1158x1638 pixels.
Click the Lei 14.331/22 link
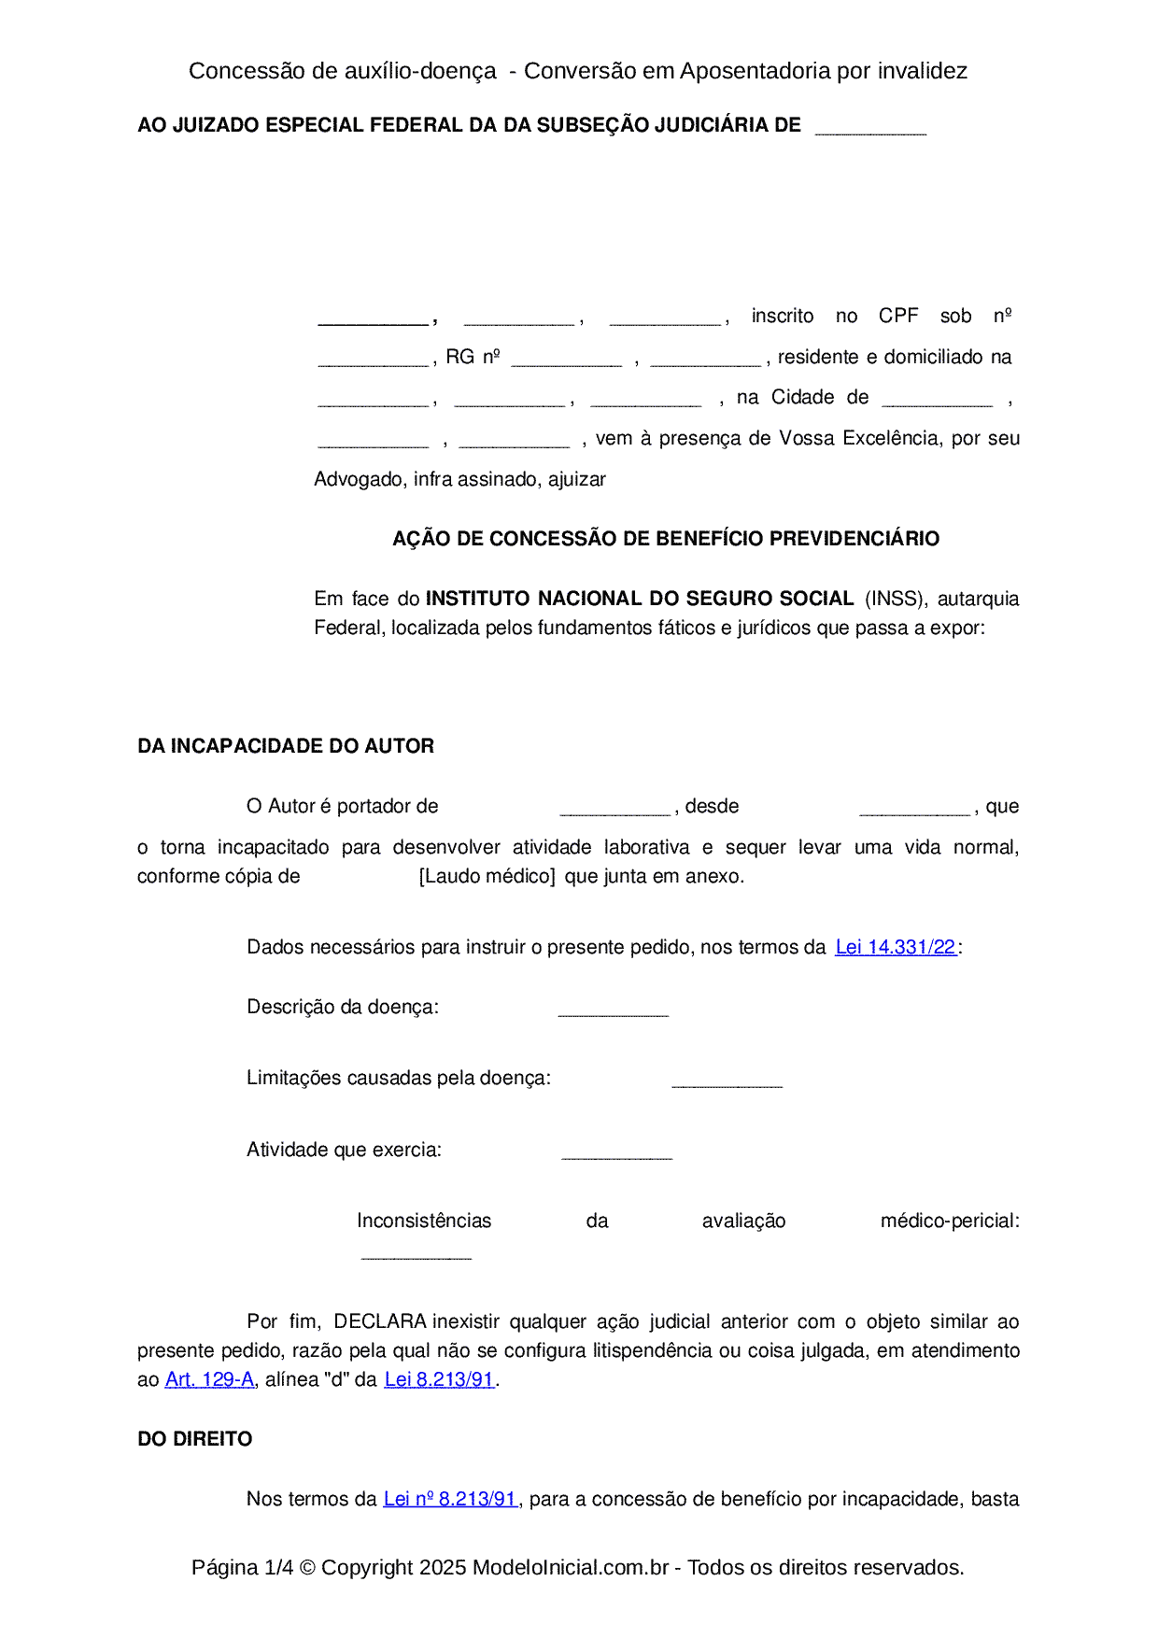click(896, 947)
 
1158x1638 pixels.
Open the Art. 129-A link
click(209, 1379)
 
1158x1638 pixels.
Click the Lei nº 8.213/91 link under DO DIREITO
click(450, 1499)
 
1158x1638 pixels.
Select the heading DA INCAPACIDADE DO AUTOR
click(286, 746)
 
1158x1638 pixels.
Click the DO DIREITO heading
click(194, 1439)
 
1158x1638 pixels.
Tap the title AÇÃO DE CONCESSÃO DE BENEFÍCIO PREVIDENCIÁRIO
click(666, 539)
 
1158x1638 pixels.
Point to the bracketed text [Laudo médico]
click(487, 876)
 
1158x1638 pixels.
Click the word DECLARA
click(380, 1321)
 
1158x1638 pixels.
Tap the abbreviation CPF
click(898, 316)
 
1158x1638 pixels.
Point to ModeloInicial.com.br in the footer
click(571, 1567)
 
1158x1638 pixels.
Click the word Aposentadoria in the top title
click(756, 71)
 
